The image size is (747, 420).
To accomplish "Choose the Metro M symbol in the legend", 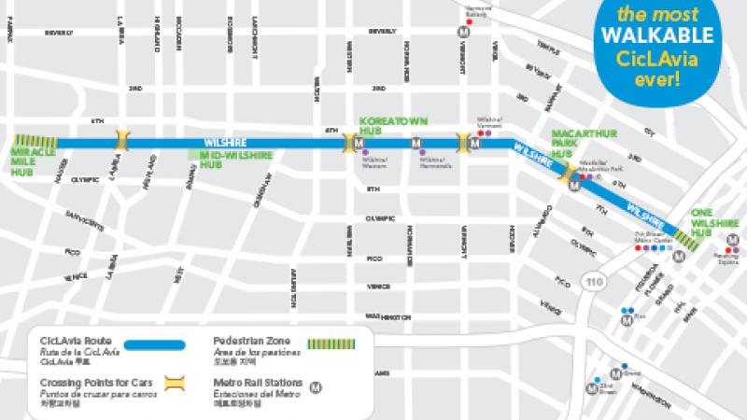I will coord(317,383).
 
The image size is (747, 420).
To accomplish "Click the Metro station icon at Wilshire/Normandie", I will coord(416,144).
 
